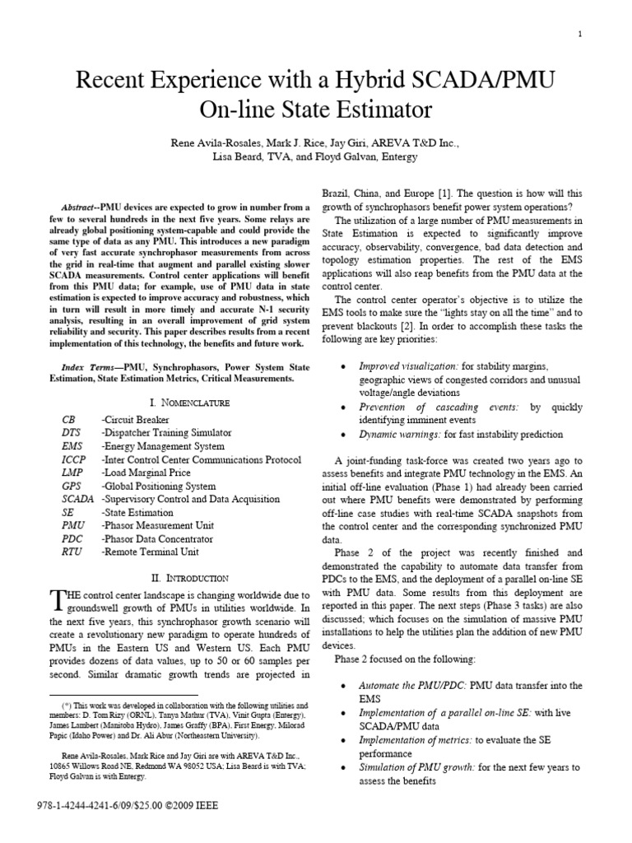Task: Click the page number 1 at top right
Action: [582, 34]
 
